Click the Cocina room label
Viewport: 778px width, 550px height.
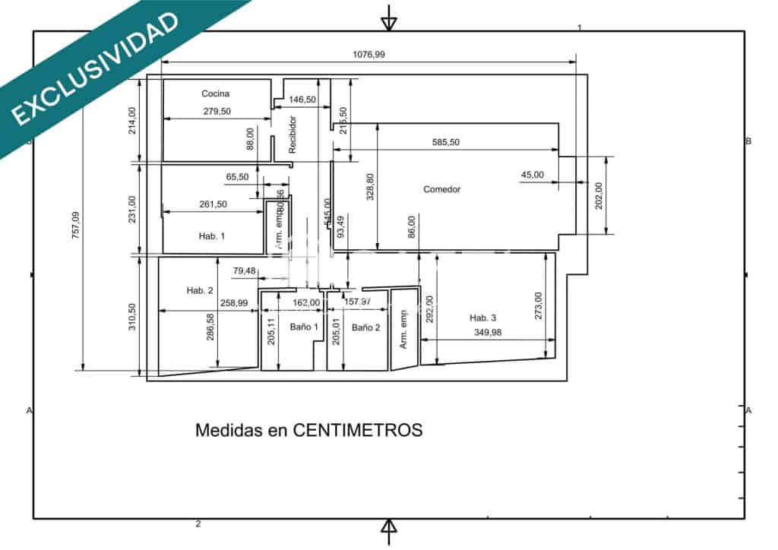pos(215,93)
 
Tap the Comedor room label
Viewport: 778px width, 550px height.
pos(441,189)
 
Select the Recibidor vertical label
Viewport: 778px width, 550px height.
pos(293,134)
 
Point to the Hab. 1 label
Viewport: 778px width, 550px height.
pos(212,236)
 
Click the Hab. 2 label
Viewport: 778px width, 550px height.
pos(200,290)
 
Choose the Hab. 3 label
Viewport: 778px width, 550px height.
pos(482,318)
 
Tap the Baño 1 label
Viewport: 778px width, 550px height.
pos(304,327)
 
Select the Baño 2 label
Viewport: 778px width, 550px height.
pos(365,327)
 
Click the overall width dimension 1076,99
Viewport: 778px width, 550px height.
pos(369,54)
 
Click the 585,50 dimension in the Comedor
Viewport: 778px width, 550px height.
pos(446,142)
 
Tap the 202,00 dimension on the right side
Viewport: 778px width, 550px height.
pos(599,196)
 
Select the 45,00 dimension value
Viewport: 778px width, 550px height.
pos(532,175)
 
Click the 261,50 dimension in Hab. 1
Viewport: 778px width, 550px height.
pos(212,204)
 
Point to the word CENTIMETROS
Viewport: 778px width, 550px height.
pos(357,430)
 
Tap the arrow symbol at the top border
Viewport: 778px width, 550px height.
pos(389,17)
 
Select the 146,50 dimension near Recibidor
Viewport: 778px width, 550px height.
pos(302,100)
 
